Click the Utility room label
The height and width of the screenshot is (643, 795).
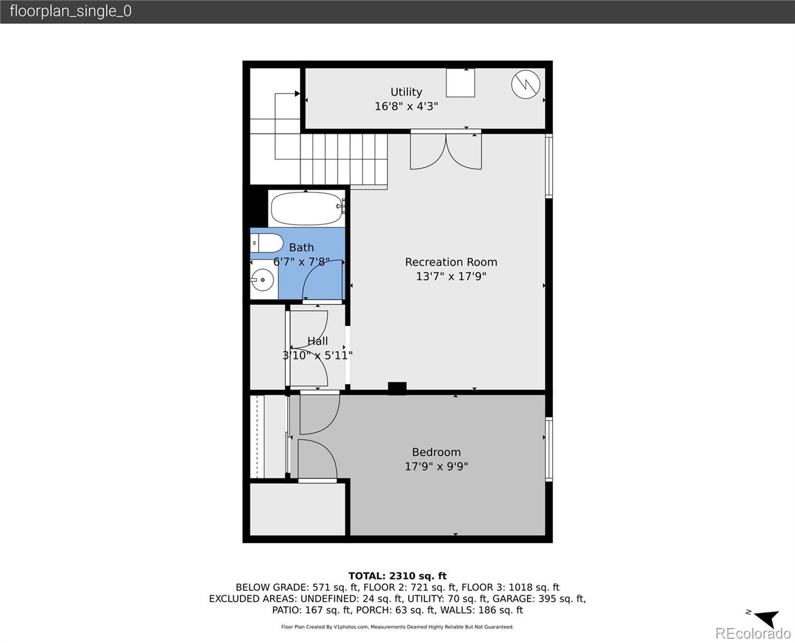coord(406,92)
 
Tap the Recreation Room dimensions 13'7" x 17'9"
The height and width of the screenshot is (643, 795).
coord(451,276)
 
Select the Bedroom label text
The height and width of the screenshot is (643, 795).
coord(436,452)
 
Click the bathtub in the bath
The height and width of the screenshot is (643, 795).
coord(306,208)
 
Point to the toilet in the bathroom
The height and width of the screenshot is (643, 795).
coord(266,243)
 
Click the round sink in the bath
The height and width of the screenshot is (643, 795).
coord(262,280)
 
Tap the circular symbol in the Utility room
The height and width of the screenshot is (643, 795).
coord(526,85)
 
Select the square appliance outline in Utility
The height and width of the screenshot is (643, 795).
coord(461,83)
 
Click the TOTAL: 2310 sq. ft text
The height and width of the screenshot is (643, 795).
coord(397,576)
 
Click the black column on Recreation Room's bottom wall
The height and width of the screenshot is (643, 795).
coord(397,388)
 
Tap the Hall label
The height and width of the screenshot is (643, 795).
coord(318,341)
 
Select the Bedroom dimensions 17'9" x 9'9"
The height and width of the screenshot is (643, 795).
coord(436,467)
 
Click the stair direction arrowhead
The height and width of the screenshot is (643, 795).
coord(297,93)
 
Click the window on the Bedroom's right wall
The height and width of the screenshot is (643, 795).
coord(549,450)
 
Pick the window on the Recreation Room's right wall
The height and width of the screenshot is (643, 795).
coord(549,166)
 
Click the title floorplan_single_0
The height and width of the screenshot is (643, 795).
coord(71,11)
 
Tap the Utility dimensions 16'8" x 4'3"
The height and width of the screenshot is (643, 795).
coord(406,106)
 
